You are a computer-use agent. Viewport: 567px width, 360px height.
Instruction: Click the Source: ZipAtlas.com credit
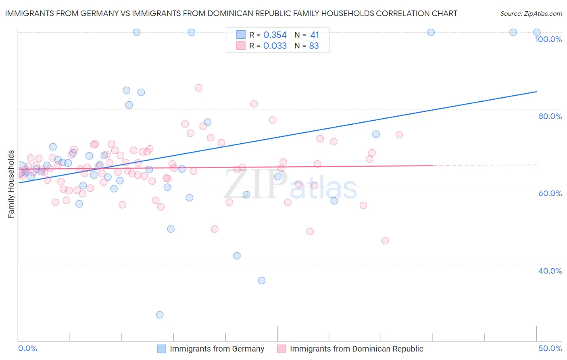pos(531,13)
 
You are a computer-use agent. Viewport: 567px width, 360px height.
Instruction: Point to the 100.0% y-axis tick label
pos(548,39)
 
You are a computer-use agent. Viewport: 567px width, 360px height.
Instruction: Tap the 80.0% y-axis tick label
pos(550,116)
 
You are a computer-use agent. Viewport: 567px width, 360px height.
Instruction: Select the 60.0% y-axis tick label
pos(550,193)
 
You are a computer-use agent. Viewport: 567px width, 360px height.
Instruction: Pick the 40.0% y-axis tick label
pos(550,271)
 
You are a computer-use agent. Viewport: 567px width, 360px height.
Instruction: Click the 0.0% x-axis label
pos(27,348)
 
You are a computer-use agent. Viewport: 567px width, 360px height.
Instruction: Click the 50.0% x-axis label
pos(550,348)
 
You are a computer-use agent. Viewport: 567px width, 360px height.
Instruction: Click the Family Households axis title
pos(11,184)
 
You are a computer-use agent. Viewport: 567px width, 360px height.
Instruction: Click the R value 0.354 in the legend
pos(275,35)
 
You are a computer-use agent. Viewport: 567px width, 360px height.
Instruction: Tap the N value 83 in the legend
pos(314,46)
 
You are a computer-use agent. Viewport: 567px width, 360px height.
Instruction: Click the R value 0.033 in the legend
pos(275,46)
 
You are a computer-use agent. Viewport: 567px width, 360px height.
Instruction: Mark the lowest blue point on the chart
pos(160,315)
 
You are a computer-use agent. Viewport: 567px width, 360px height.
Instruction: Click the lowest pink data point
pos(385,241)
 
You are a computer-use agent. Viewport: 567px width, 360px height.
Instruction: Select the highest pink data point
pos(198,88)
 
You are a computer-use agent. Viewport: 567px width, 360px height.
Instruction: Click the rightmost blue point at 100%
pos(537,32)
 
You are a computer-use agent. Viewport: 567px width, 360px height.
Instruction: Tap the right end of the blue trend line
pos(536,92)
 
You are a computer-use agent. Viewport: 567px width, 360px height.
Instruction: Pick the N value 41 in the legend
pos(314,35)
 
